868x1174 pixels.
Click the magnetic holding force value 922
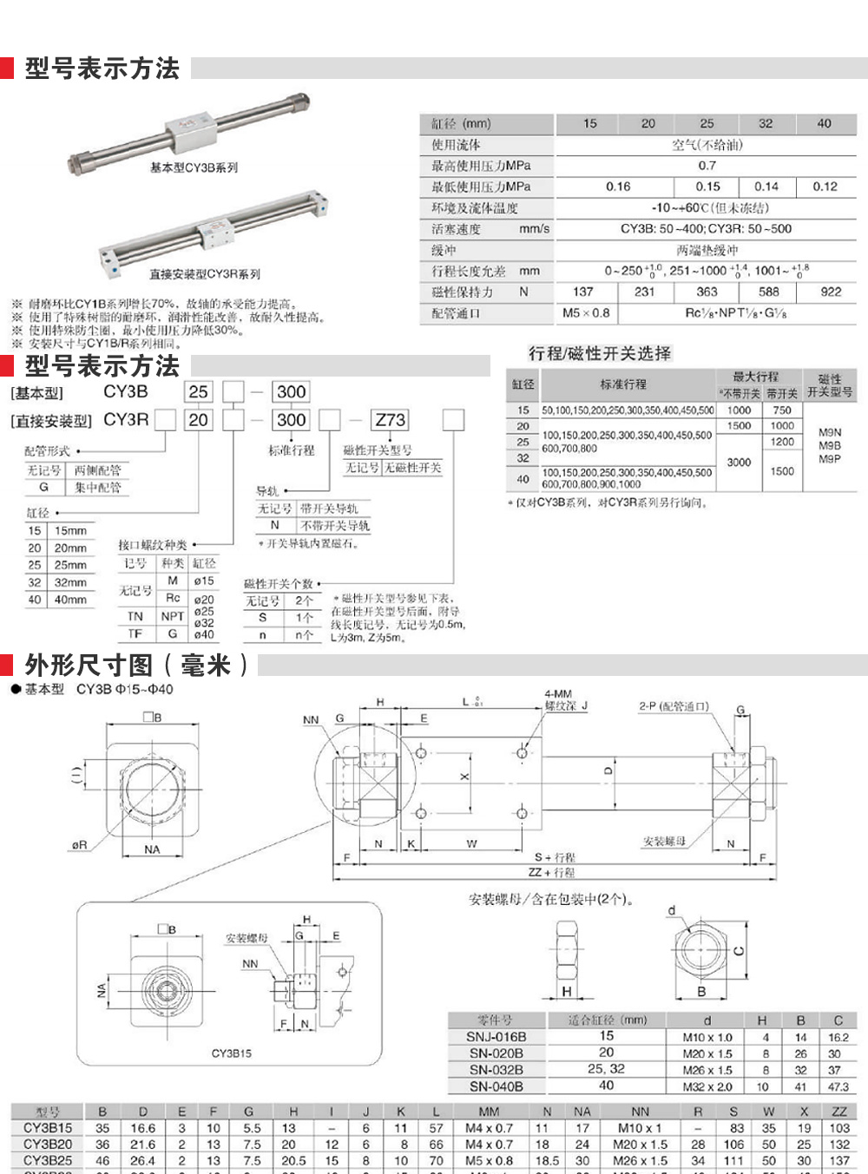coord(831,292)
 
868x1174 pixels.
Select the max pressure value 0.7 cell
coord(707,166)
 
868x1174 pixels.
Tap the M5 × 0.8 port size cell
coord(586,313)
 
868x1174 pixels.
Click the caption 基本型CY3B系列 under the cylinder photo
coord(194,167)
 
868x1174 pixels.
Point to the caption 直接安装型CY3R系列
coord(205,274)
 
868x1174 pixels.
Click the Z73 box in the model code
coord(390,420)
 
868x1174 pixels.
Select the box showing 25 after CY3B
coord(198,391)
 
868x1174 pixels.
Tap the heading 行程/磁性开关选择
coord(600,353)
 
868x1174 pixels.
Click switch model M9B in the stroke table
coord(829,445)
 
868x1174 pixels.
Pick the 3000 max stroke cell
coord(739,462)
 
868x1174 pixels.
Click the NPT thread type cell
coord(173,616)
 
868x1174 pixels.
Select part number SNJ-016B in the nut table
coord(496,1037)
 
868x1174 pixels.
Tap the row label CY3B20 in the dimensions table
coord(48,1144)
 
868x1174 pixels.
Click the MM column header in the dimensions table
coord(489,1112)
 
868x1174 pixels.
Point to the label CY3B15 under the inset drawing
coord(232,1053)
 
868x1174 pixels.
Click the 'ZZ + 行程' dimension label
coord(551,872)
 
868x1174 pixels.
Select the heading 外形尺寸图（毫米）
coord(136,666)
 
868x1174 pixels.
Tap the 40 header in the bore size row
coord(824,124)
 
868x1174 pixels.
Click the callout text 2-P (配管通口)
coord(674,706)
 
